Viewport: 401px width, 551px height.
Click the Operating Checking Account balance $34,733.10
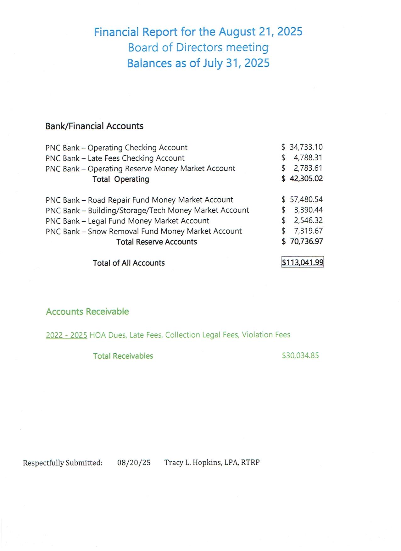pos(302,147)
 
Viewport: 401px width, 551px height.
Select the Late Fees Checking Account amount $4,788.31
pos(302,157)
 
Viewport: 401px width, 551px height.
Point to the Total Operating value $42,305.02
pos(302,179)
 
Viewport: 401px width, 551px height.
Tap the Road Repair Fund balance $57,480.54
pos(302,200)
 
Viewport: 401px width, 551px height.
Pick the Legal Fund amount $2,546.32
pos(302,220)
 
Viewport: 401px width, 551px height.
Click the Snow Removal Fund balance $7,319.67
pos(302,231)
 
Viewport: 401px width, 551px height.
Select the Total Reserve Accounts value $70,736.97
pos(302,241)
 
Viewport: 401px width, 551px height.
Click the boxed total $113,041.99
pos(302,262)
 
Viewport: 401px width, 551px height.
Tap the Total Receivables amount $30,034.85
pos(300,355)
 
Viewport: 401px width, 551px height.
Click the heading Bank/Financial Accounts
pos(94,126)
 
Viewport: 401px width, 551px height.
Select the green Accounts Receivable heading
pos(87,311)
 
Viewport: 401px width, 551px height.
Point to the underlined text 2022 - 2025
pos(66,335)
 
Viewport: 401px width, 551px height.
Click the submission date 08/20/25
pos(134,463)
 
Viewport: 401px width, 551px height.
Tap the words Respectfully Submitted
pos(62,463)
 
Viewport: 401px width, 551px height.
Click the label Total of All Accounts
pos(129,263)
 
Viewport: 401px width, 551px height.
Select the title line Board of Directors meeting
pos(198,47)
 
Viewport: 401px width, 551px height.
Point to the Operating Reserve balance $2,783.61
pos(302,168)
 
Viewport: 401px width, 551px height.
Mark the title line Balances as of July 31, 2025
pos(198,63)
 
